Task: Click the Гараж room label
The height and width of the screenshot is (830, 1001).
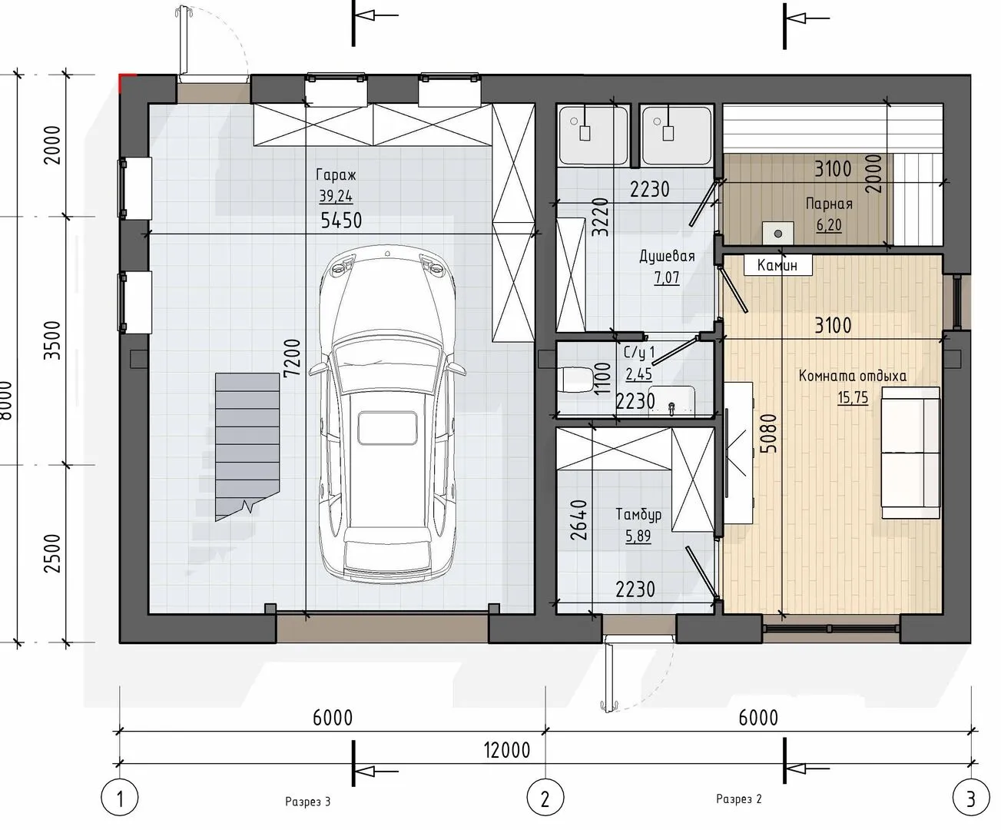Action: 336,175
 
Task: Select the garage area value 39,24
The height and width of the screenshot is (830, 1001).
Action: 336,196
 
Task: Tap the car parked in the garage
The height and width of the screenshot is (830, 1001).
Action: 387,414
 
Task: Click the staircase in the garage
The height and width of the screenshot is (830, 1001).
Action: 247,447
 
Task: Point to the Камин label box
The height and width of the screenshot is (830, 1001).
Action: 777,265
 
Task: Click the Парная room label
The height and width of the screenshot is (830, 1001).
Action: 829,204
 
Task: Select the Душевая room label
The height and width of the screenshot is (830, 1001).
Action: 667,257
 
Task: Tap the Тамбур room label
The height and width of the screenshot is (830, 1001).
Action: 638,514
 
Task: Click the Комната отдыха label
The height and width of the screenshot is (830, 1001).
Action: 853,376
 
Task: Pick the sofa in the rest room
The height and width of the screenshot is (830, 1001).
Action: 910,453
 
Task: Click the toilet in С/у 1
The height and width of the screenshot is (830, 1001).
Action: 575,380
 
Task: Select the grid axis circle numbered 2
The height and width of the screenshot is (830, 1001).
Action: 545,798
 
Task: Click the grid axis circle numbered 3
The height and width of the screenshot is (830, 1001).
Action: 970,798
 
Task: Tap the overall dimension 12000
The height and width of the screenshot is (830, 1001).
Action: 507,750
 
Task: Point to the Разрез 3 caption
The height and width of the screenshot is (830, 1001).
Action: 308,802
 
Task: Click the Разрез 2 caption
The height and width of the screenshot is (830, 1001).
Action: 739,798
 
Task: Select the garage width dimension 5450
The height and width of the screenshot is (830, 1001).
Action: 341,221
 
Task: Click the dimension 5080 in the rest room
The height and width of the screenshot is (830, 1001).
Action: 768,433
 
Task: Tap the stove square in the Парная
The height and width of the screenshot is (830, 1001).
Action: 777,234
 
